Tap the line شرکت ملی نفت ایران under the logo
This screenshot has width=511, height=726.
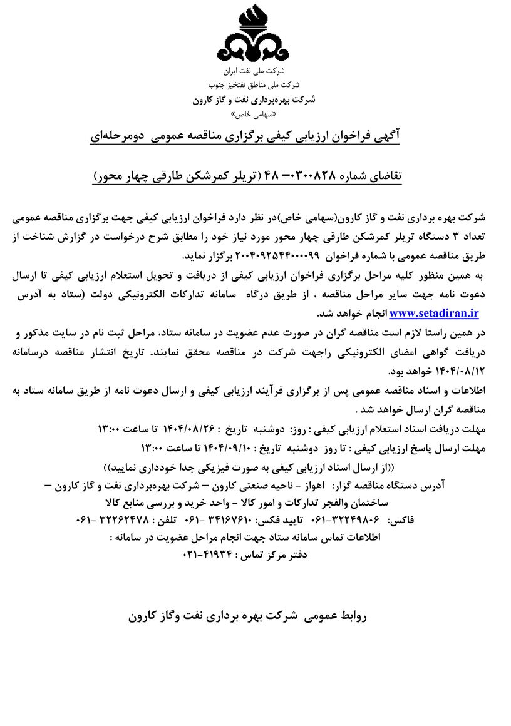tap(254, 72)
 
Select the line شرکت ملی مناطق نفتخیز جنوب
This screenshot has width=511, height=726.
tap(254, 86)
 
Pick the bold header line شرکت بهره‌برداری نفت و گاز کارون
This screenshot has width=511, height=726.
tap(254, 100)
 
